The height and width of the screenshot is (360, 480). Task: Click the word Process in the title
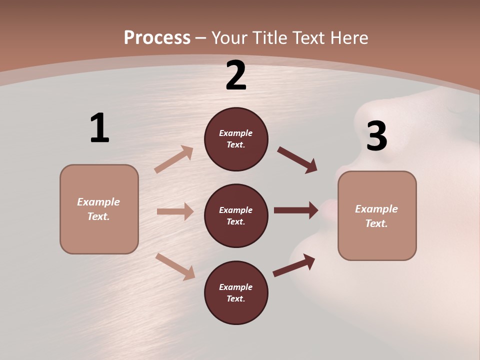point(157,38)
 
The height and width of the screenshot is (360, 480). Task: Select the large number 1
point(99,128)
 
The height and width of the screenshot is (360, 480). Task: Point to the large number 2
point(236,75)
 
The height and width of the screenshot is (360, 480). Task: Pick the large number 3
point(376,136)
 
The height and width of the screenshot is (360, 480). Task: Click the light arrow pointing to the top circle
point(174,159)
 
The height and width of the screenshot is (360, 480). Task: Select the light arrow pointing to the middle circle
point(175,211)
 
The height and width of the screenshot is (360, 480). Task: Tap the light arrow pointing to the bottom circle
point(175,266)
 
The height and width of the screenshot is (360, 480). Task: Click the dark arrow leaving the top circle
point(297,160)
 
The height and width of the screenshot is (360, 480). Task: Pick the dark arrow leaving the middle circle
point(296,210)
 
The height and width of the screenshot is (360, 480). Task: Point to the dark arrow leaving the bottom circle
point(294,265)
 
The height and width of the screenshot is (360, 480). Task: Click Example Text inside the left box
point(98,209)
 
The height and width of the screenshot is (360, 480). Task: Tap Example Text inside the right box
point(376,216)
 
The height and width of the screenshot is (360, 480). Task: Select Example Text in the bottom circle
point(235,292)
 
